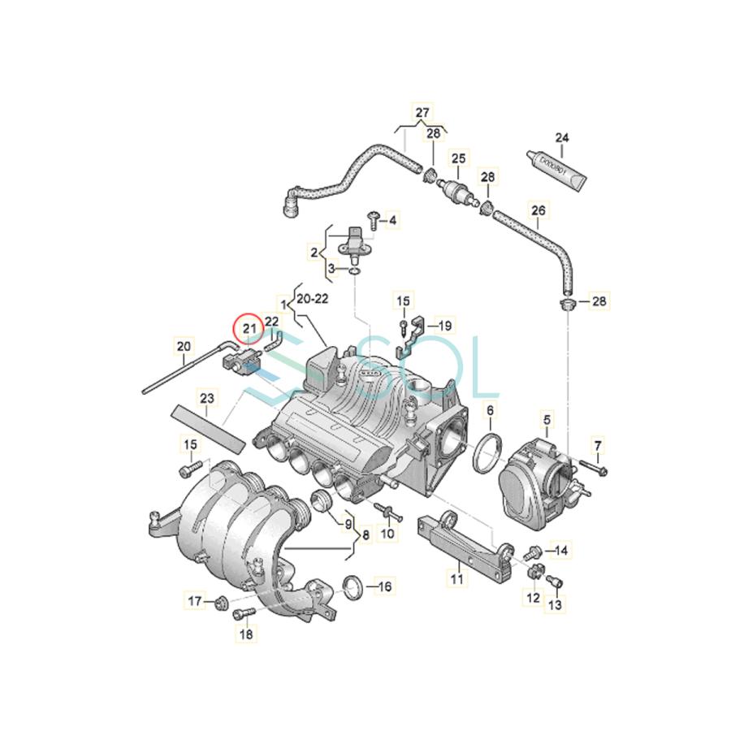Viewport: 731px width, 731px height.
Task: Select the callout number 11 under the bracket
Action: point(456,579)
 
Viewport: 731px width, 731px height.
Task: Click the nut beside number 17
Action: point(220,602)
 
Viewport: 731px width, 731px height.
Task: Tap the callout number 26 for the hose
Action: point(539,210)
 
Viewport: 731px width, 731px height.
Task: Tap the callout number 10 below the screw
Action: point(387,534)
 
